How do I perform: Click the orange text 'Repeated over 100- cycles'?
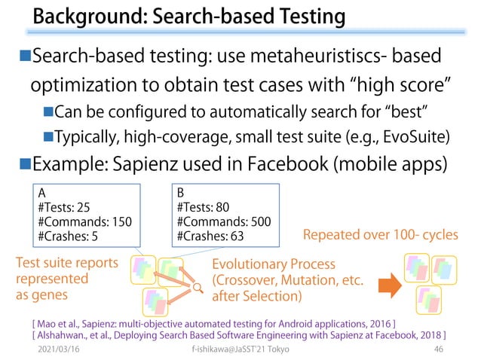point(380,235)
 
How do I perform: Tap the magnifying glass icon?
point(197,287)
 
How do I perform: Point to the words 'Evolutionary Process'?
point(274,264)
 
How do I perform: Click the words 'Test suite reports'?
point(66,263)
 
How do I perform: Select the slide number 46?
point(438,350)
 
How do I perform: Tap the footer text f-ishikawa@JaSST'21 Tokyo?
point(240,350)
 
